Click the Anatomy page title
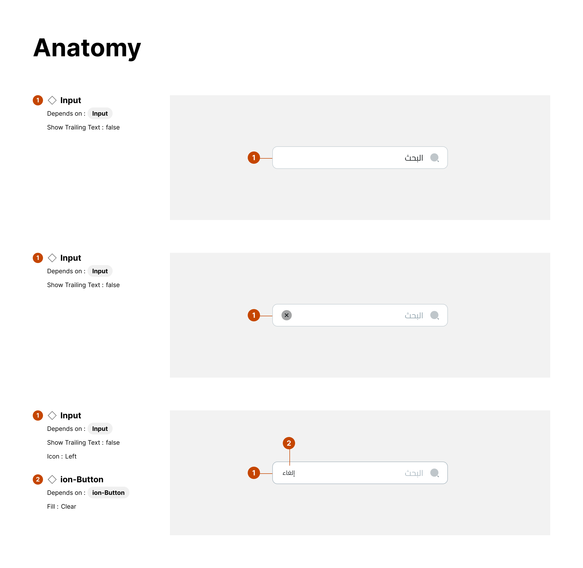(87, 48)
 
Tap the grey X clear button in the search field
(286, 315)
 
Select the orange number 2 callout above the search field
(289, 443)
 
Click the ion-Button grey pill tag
(108, 493)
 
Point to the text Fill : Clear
(61, 507)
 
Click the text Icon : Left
(62, 456)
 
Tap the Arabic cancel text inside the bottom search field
(288, 473)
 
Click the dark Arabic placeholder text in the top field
(414, 158)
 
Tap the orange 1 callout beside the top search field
(254, 158)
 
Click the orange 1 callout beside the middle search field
(254, 315)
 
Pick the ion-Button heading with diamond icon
(81, 479)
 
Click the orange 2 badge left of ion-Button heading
(38, 479)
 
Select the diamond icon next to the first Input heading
(52, 100)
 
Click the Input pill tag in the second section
(100, 271)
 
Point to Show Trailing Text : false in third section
(83, 443)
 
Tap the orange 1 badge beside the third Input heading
(38, 416)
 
